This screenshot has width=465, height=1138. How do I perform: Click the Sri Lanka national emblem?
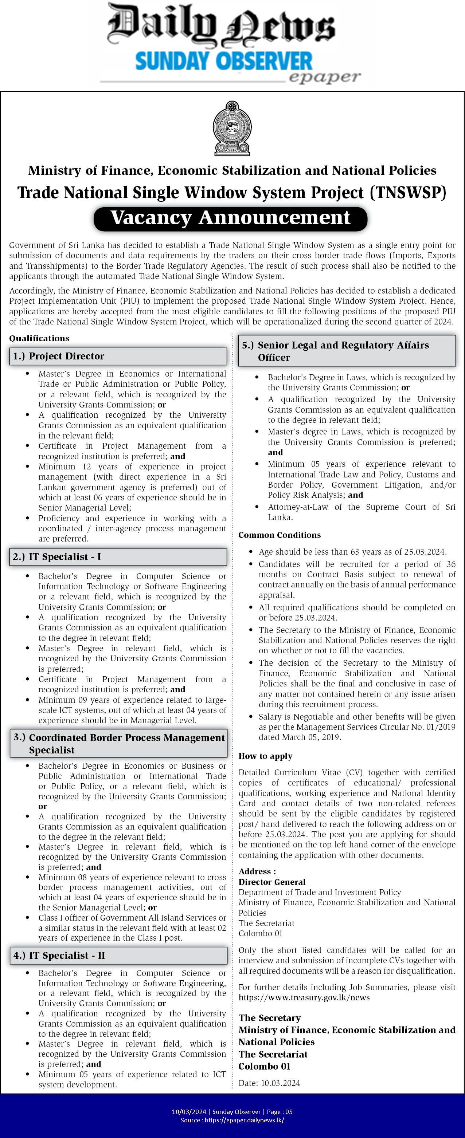(232, 129)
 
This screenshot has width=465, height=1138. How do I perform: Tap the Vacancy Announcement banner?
(230, 218)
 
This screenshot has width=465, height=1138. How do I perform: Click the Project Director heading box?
(118, 356)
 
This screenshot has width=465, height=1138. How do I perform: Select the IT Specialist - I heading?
(118, 557)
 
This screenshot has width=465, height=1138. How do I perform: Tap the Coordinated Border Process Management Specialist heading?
(118, 744)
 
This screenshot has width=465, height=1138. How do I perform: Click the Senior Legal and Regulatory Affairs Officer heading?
(347, 351)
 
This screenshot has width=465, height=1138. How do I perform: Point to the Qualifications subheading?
(39, 338)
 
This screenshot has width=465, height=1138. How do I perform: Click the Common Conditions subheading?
(280, 535)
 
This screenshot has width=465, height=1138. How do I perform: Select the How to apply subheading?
(265, 756)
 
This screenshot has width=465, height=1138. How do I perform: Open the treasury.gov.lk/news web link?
(304, 997)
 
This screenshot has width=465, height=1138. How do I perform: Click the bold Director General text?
(272, 882)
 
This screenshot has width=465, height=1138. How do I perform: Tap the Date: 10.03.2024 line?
(269, 1083)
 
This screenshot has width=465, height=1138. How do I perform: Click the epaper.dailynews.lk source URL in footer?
(245, 1120)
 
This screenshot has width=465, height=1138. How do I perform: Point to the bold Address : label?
(257, 871)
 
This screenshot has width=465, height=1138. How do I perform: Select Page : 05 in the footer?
(278, 1112)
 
